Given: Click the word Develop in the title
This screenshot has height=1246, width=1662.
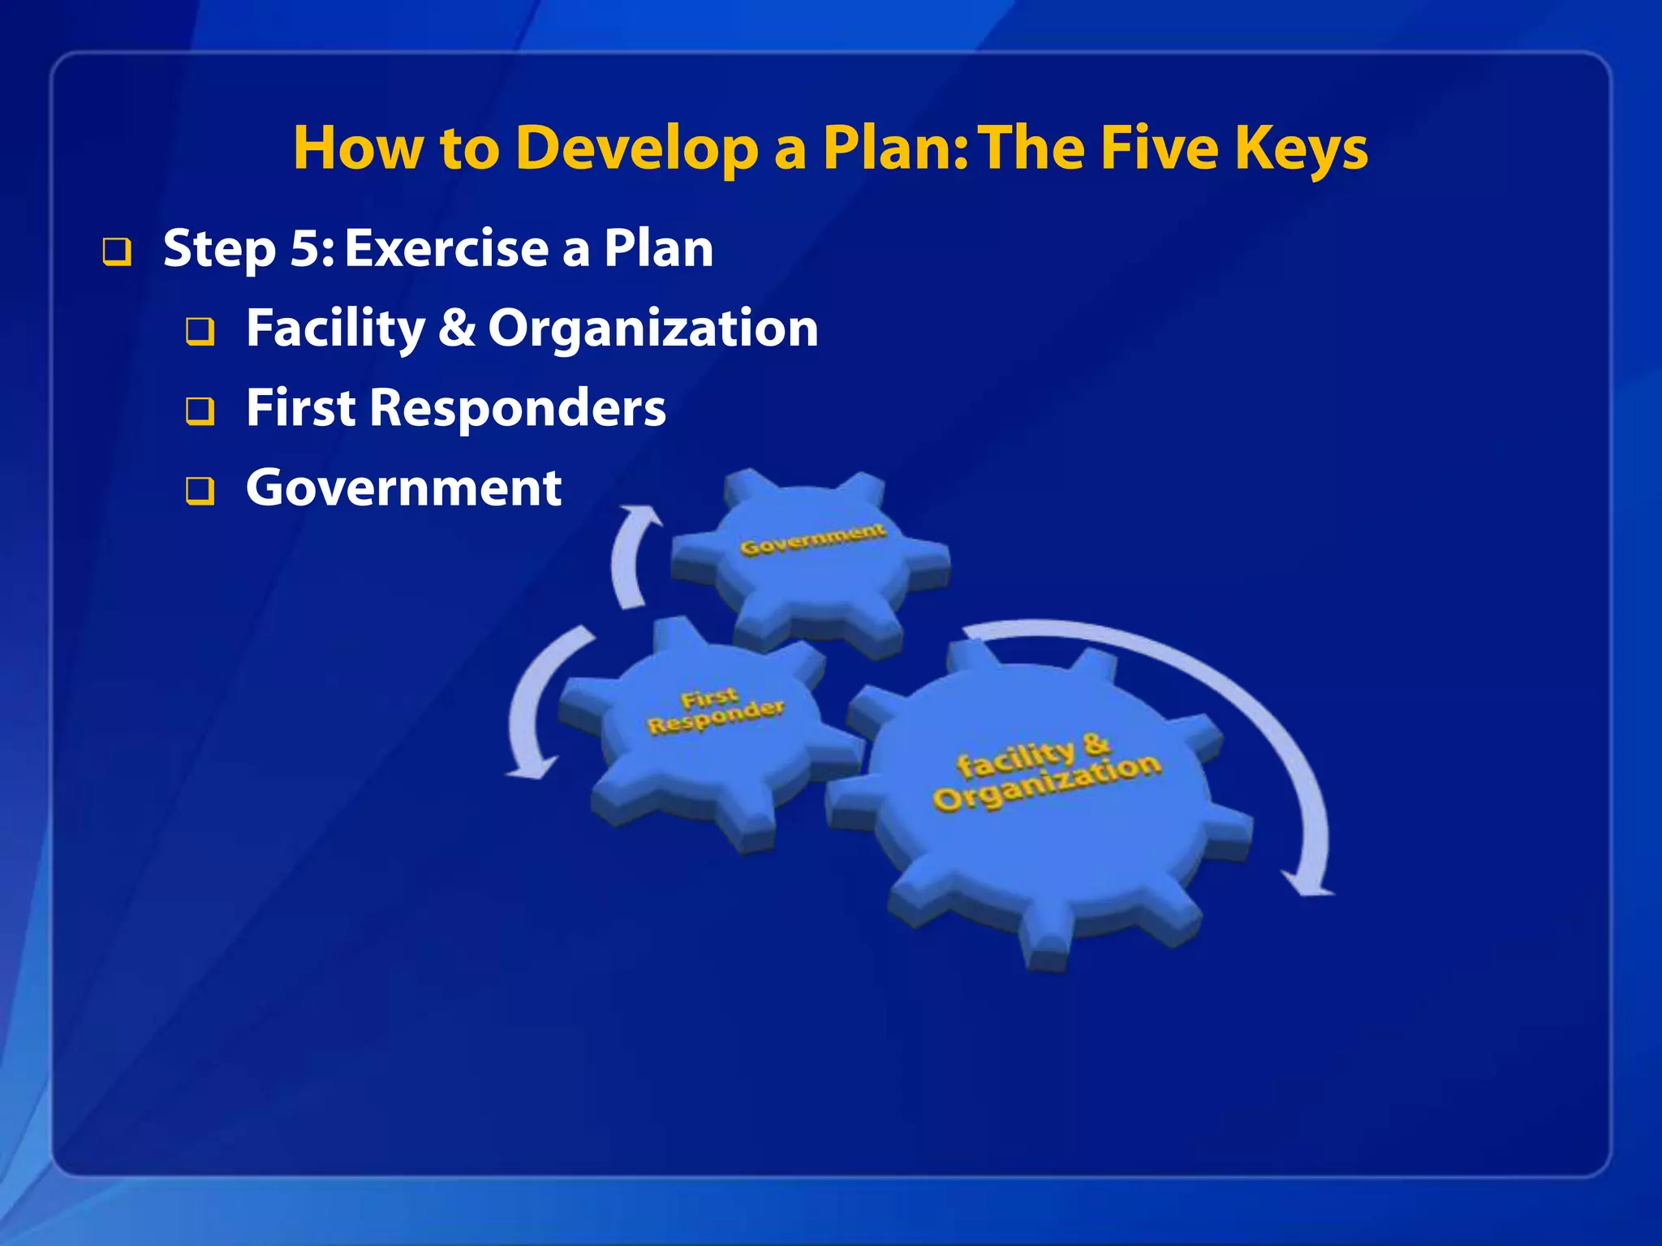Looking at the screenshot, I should tap(637, 148).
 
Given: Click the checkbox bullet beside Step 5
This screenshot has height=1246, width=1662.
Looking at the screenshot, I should tap(116, 252).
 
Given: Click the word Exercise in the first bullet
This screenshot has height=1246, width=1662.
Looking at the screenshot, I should tap(447, 248).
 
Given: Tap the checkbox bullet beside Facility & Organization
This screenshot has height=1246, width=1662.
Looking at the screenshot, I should tap(200, 332).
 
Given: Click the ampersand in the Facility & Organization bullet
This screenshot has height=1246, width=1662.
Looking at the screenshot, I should tap(457, 328).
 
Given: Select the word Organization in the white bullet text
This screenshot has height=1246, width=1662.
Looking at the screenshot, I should tap(653, 329).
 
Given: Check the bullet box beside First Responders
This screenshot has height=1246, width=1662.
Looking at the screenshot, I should tap(200, 411).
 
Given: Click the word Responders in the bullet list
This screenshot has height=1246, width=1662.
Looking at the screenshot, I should tap(518, 409).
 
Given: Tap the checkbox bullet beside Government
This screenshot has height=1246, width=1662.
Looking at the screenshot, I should tap(200, 491).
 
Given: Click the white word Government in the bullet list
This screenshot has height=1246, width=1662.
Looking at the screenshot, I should tap(403, 488).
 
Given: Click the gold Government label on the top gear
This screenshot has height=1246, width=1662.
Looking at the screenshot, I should tap(812, 540).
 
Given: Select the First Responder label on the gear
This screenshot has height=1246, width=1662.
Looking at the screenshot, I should tap(715, 711).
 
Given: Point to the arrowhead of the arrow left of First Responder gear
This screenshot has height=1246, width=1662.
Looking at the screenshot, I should tap(532, 768).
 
